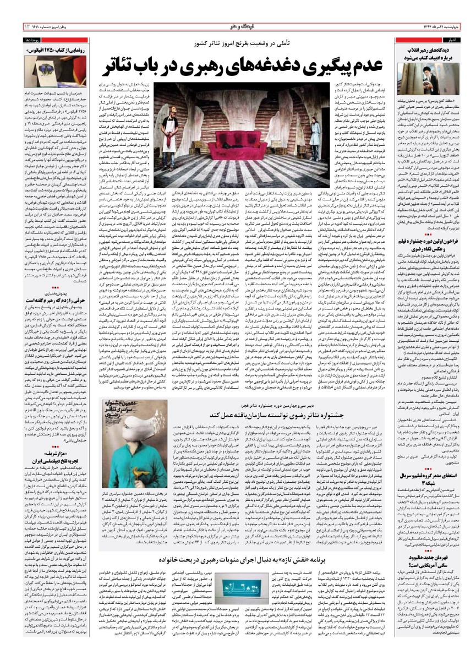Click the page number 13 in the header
point(10,27)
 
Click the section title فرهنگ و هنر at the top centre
point(237,26)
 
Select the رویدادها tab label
point(15,41)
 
